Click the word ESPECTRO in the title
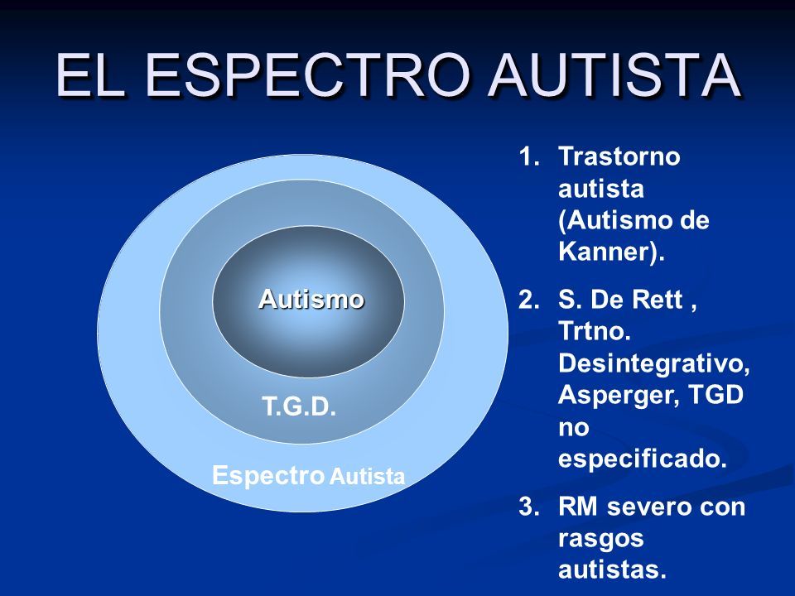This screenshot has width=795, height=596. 306,74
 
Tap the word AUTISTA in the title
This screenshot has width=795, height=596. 614,74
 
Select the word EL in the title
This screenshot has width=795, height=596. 91,74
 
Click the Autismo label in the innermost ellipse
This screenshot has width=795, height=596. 311,299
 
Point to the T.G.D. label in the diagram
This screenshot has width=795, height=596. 299,406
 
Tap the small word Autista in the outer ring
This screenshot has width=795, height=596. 367,477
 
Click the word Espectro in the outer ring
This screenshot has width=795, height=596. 268,475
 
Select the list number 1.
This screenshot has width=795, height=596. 528,156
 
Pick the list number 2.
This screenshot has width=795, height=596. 529,300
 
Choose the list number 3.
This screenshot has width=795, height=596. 529,507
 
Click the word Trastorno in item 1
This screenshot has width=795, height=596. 619,156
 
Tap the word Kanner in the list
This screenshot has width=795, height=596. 604,252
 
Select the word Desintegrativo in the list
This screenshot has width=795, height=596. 651,363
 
